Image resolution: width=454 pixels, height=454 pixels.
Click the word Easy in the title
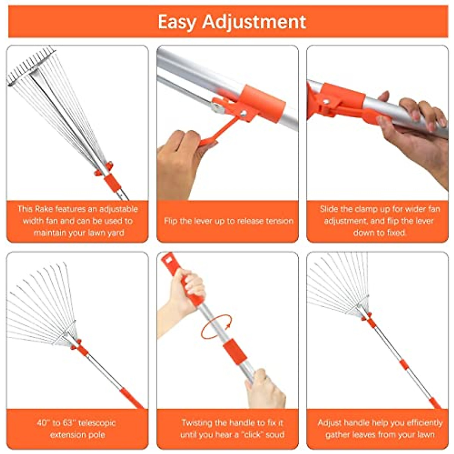[176, 22]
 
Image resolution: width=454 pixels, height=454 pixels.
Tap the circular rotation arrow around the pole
[216, 327]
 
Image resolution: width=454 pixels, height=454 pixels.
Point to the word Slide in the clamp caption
[331, 209]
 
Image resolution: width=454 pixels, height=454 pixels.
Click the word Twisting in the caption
[201, 423]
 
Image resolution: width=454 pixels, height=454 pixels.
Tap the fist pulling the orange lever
[179, 159]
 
